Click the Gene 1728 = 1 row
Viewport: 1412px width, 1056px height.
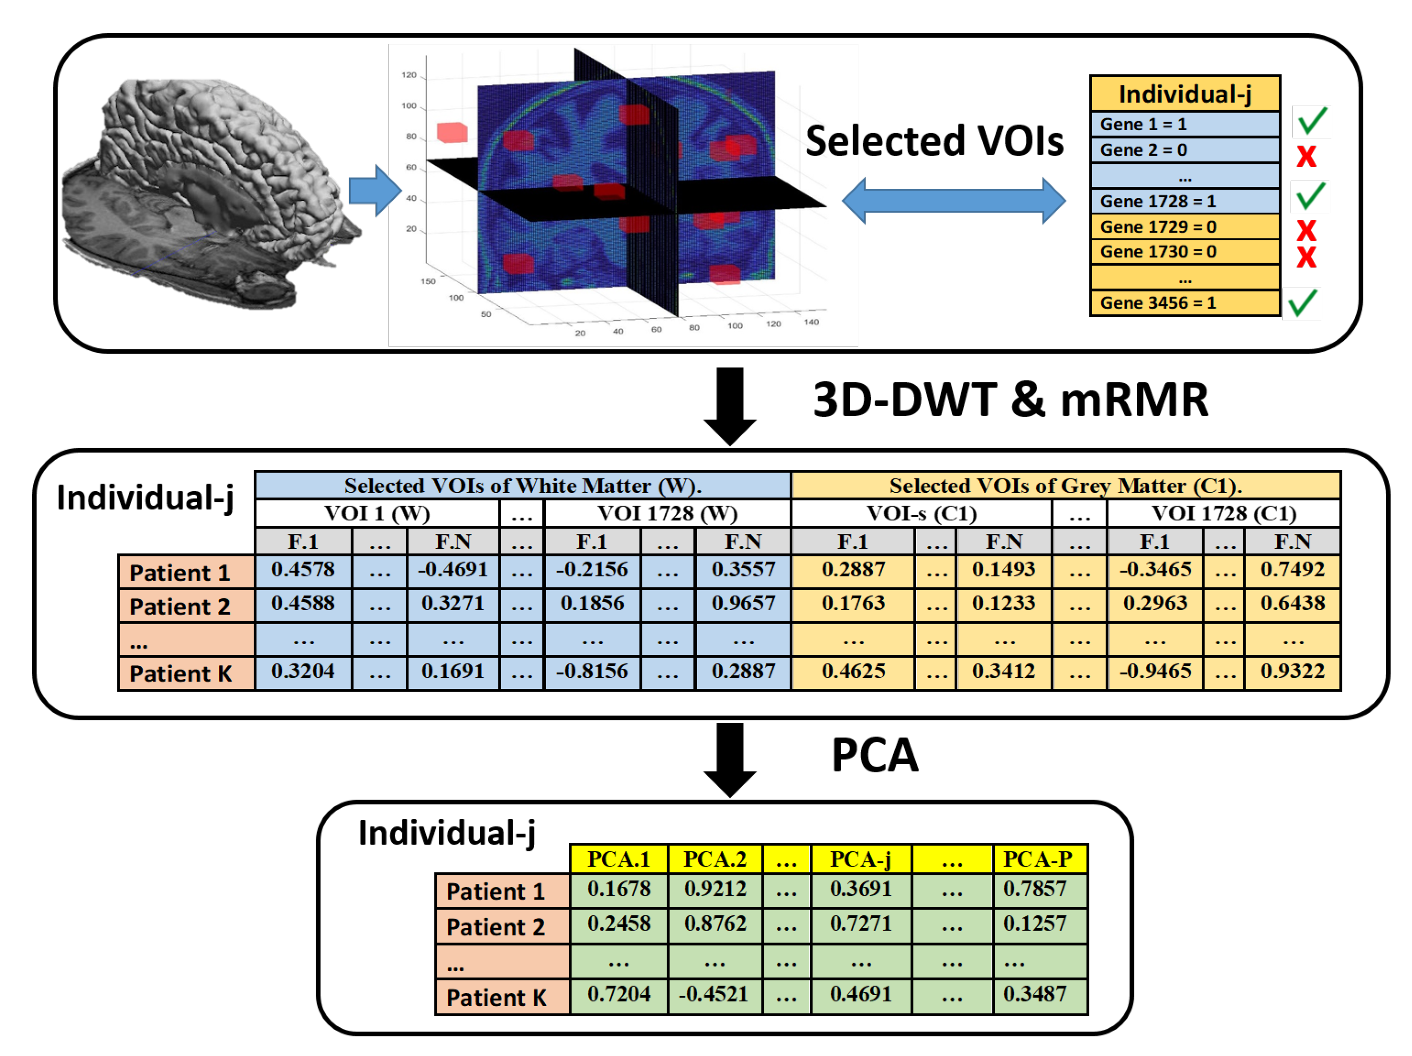[1184, 201]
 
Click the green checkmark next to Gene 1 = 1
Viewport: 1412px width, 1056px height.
[1311, 121]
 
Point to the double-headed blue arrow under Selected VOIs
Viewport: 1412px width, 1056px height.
[954, 200]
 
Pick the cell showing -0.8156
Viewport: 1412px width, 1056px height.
[592, 671]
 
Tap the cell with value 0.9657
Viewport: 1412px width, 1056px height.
[743, 604]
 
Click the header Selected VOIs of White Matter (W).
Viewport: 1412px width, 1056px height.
[522, 485]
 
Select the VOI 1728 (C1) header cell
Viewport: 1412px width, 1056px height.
[1223, 513]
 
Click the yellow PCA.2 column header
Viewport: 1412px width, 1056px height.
[715, 859]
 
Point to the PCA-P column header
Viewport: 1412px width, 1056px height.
[1039, 859]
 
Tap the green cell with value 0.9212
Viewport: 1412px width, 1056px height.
[715, 889]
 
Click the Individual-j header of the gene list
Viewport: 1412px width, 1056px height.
[1184, 94]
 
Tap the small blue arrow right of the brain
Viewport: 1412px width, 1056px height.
[375, 190]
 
